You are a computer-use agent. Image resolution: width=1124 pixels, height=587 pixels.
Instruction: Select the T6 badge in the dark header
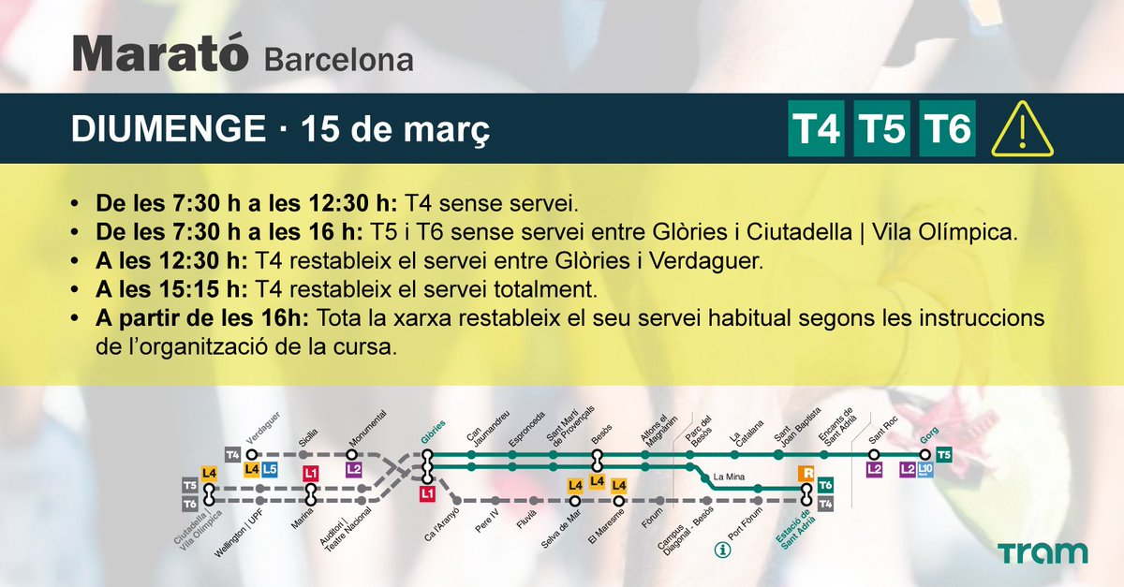pyautogui.click(x=948, y=128)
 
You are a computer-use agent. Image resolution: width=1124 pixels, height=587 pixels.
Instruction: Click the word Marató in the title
pyautogui.click(x=161, y=56)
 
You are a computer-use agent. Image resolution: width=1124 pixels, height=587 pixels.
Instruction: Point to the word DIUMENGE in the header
pyautogui.click(x=169, y=129)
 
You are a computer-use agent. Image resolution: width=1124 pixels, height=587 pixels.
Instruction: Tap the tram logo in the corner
pyautogui.click(x=1043, y=553)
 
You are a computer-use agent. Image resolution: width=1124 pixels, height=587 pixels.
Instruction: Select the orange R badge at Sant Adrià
pyautogui.click(x=806, y=474)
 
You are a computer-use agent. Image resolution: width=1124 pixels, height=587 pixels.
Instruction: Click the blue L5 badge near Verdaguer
pyautogui.click(x=270, y=469)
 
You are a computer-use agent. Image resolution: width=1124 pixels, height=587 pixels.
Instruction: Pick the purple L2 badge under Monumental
pyautogui.click(x=353, y=469)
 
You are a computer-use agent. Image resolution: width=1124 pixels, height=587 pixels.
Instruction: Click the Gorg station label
pyautogui.click(x=928, y=435)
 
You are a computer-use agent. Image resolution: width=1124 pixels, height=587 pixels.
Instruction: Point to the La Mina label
pyautogui.click(x=728, y=477)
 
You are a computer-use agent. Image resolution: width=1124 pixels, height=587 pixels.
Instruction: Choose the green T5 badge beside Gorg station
pyautogui.click(x=944, y=455)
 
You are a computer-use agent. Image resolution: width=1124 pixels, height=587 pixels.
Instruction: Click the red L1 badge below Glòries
pyautogui.click(x=427, y=492)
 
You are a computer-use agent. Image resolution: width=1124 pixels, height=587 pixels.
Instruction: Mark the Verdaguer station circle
pyautogui.click(x=250, y=455)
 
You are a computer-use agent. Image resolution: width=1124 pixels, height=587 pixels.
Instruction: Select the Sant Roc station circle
pyautogui.click(x=875, y=455)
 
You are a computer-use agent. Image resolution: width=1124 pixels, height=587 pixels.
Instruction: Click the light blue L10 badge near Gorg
pyautogui.click(x=925, y=469)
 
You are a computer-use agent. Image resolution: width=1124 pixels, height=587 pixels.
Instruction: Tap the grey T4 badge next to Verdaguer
pyautogui.click(x=233, y=455)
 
